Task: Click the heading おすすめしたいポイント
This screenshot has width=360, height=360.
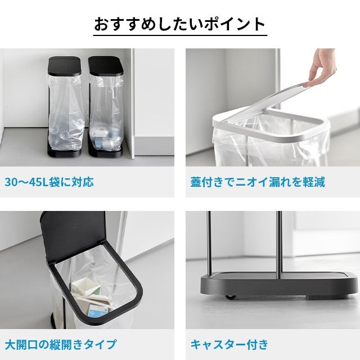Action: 180,24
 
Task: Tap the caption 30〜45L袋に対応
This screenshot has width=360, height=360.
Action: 49,182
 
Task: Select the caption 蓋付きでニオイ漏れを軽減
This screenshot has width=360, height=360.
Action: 258,182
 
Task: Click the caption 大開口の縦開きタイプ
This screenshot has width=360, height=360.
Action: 61,344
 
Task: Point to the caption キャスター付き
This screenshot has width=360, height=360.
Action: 229,344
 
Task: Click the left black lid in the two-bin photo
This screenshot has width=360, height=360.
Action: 65,66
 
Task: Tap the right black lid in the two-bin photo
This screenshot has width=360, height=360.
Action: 106,66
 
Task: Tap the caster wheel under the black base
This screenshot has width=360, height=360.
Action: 230,298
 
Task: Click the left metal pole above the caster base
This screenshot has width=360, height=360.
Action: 209,242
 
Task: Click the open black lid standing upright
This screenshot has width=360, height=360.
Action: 74,236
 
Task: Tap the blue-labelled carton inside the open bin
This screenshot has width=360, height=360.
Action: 98,310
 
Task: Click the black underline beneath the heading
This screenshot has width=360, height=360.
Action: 180,35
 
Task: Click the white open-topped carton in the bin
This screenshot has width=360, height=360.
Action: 85,287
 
